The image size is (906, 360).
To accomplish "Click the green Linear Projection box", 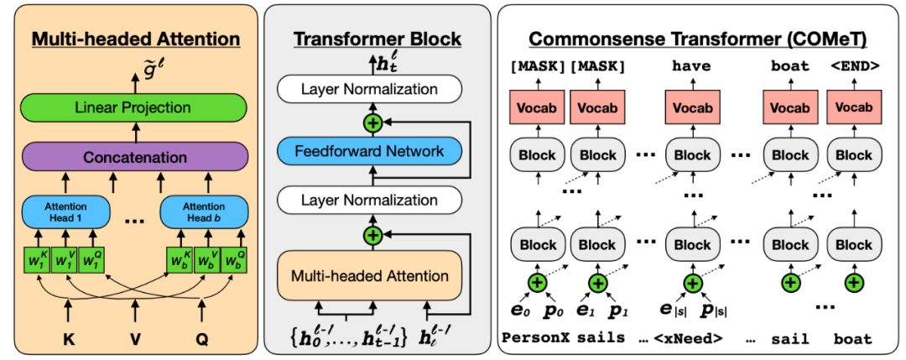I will coord(133,107).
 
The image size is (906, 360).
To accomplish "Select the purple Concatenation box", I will coord(133,157).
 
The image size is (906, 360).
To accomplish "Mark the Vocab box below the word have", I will coord(692,108).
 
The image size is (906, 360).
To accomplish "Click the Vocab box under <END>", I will coord(853,108).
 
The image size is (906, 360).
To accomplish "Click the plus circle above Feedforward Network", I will coord(370,123).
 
